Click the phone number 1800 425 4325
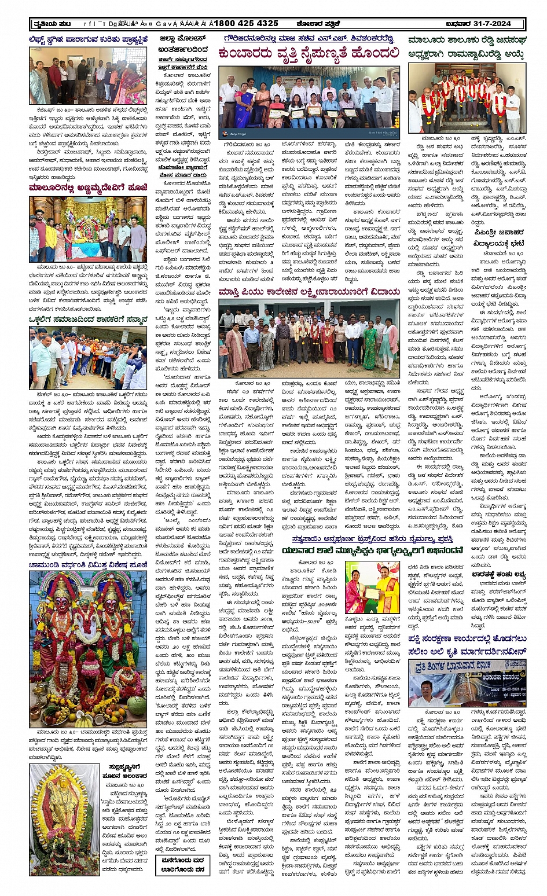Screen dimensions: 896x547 [247, 24]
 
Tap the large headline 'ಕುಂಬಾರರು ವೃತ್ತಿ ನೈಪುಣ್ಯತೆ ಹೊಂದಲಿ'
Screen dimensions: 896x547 [309, 54]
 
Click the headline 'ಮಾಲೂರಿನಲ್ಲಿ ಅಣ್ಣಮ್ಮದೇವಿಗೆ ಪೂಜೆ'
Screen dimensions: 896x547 [87, 188]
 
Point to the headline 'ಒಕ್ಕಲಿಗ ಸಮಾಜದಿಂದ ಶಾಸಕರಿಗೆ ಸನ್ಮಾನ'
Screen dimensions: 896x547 [88, 320]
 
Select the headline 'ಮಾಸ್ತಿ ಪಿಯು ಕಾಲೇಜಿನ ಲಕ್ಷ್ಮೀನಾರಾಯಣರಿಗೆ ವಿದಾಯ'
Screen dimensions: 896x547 [309, 292]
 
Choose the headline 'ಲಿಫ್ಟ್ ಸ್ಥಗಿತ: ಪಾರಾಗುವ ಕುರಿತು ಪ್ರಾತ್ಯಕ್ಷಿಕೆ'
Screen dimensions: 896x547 [88, 40]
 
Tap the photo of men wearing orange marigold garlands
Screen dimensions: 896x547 [467, 98]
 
